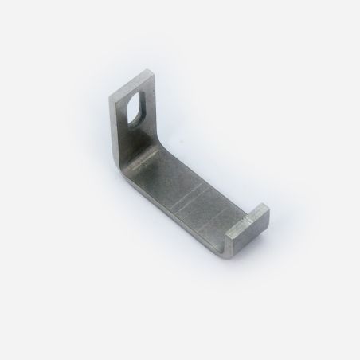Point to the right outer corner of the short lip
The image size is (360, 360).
[268, 213]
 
